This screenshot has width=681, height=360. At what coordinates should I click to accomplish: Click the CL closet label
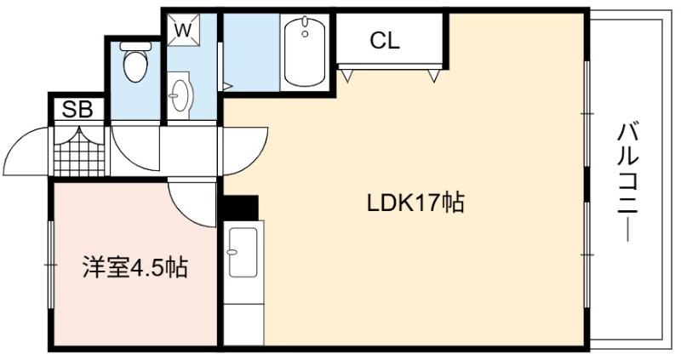[x=385, y=41]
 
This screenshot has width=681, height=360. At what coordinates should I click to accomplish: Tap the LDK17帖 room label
[x=415, y=203]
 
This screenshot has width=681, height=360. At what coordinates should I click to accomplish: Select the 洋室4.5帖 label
[x=135, y=267]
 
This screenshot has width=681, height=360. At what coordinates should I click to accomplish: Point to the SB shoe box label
[x=77, y=110]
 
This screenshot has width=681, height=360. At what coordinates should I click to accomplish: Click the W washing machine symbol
[x=184, y=30]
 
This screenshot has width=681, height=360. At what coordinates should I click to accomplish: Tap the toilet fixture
[x=135, y=61]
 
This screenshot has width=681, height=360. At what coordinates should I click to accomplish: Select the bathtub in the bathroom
[x=305, y=51]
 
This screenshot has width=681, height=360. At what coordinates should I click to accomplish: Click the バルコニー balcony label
[x=627, y=182]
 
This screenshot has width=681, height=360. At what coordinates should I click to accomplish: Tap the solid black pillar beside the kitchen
[x=241, y=208]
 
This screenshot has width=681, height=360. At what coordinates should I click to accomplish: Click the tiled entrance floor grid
[x=79, y=151]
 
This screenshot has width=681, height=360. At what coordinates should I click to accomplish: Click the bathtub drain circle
[x=305, y=34]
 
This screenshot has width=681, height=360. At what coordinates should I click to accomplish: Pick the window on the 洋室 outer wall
[x=51, y=265]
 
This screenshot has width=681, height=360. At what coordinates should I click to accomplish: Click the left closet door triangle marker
[x=347, y=76]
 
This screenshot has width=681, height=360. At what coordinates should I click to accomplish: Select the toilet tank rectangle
[x=135, y=46]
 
